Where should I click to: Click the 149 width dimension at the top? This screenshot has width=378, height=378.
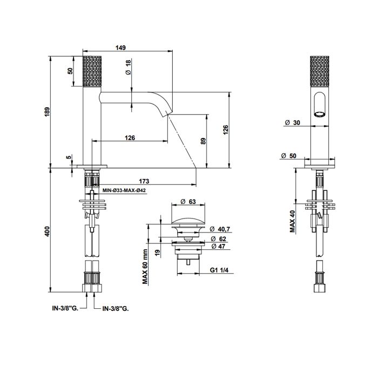pyautogui.click(x=120, y=48)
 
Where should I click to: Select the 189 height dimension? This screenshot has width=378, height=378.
pyautogui.click(x=48, y=112)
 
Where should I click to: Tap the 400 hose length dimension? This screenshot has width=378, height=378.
pyautogui.click(x=48, y=231)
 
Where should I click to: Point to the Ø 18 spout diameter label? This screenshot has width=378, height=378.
pyautogui.click(x=129, y=67)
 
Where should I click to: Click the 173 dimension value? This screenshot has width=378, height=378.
pyautogui.click(x=144, y=181)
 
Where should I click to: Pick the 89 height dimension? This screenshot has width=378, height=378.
pyautogui.click(x=204, y=141)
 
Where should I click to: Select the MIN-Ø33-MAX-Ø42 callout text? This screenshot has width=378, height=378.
pyautogui.click(x=124, y=190)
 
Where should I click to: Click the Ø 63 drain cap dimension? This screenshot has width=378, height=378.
pyautogui.click(x=188, y=201)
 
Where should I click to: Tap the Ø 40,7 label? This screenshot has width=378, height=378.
pyautogui.click(x=220, y=229)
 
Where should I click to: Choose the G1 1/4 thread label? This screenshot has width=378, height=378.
pyautogui.click(x=219, y=270)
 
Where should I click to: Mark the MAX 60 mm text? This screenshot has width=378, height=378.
pyautogui.click(x=145, y=267)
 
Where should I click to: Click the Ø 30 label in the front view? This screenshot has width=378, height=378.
pyautogui.click(x=293, y=123)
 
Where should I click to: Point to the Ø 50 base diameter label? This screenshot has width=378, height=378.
pyautogui.click(x=288, y=156)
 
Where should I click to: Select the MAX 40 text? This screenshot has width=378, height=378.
pyautogui.click(x=293, y=221)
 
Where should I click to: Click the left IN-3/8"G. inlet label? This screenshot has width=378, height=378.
pyautogui.click(x=65, y=308)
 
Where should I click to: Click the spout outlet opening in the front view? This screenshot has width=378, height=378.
pyautogui.click(x=320, y=114)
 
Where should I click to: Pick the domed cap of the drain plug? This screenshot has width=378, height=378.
pyautogui.click(x=188, y=222)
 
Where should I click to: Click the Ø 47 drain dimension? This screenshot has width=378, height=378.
pyautogui.click(x=218, y=246)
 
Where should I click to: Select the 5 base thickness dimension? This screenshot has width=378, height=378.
pyautogui.click(x=69, y=157)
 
